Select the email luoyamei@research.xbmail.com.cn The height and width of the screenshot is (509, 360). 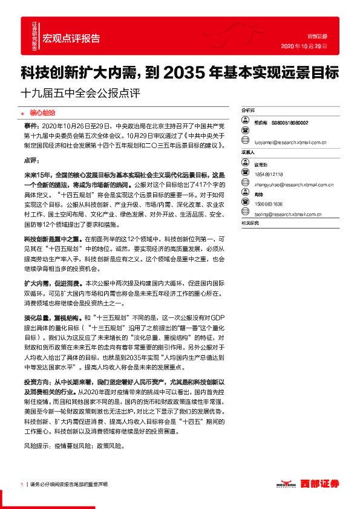(290, 143)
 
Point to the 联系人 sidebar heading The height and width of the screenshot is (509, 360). (248, 153)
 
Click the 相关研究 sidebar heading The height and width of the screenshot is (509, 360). (249, 224)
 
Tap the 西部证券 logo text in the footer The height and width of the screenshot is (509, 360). (322, 484)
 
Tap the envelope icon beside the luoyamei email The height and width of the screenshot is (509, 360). (246, 142)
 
